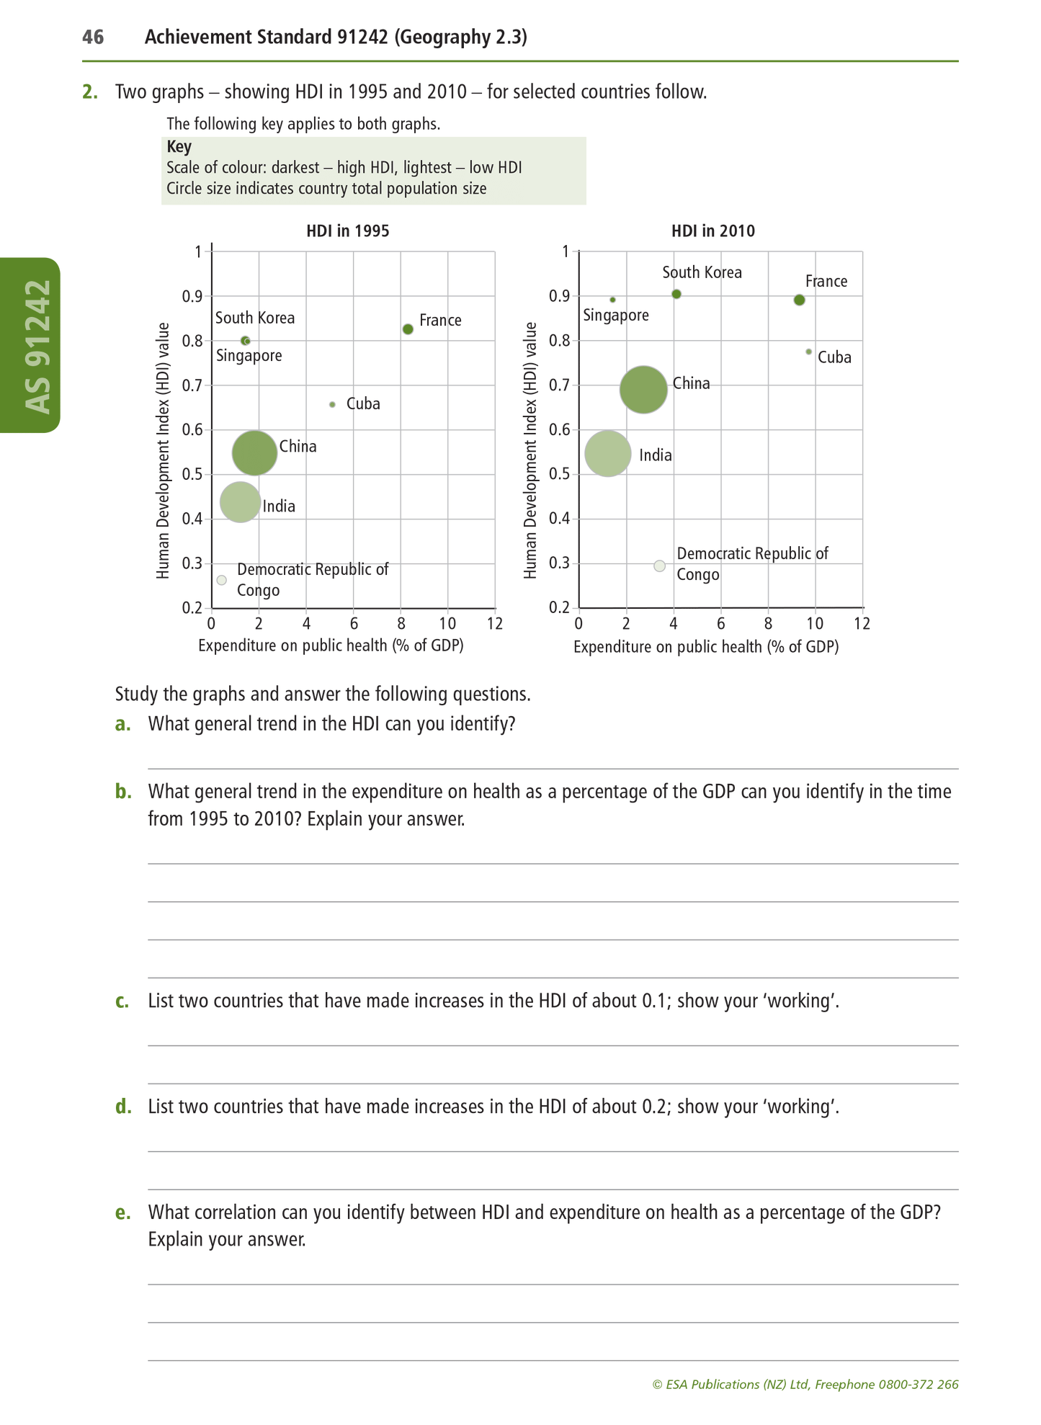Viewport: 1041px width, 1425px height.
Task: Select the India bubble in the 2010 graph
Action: pyautogui.click(x=608, y=454)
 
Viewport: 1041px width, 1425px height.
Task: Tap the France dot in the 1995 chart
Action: pyautogui.click(x=408, y=329)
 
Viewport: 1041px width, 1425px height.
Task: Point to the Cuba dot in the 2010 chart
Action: pyautogui.click(x=808, y=352)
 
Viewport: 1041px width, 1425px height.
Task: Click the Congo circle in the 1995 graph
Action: pyautogui.click(x=222, y=580)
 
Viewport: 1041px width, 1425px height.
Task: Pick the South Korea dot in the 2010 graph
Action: pyautogui.click(x=676, y=294)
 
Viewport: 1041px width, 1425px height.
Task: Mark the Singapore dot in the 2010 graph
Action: pyautogui.click(x=612, y=300)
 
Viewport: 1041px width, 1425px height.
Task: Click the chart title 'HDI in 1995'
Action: pyautogui.click(x=348, y=231)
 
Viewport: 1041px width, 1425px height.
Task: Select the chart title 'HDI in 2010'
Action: pyautogui.click(x=713, y=231)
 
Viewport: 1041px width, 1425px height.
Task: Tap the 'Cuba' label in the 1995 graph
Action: pyautogui.click(x=363, y=404)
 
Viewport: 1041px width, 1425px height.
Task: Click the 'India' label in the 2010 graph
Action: pyautogui.click(x=656, y=455)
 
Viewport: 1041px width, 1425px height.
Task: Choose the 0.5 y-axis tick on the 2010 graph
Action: pyautogui.click(x=560, y=475)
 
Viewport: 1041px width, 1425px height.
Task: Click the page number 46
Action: pyautogui.click(x=93, y=37)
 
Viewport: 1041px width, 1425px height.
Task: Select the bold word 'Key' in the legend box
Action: pyautogui.click(x=179, y=147)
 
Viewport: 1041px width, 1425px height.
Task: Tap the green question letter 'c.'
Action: pyautogui.click(x=122, y=1001)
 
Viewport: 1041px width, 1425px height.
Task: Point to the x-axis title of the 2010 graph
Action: pyautogui.click(x=706, y=647)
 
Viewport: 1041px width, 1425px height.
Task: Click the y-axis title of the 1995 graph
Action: pyautogui.click(x=164, y=450)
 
